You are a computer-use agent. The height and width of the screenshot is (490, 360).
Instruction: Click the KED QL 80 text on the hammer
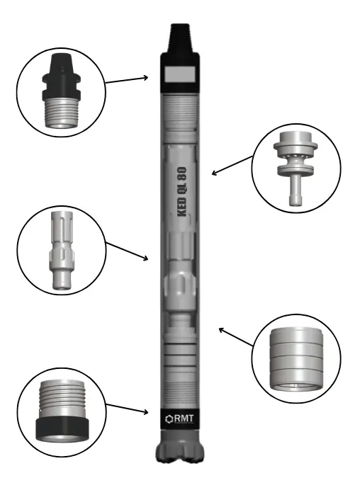pos(182,192)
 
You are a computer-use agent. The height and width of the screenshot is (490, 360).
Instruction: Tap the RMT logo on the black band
pos(179,418)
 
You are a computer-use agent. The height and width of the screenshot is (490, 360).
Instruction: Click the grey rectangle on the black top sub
pos(180,74)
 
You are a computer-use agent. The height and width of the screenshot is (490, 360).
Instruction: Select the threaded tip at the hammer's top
pos(180,38)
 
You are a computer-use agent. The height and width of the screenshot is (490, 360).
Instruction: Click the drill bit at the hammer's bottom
pos(179,446)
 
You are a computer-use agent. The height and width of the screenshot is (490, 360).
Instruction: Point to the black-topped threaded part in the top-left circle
pos(62,91)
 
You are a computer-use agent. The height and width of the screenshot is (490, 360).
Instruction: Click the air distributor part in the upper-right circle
pos(296,168)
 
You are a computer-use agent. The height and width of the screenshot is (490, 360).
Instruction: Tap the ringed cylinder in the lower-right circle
pos(296,360)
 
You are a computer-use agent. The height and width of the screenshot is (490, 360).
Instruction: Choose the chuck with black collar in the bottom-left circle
pos(62,411)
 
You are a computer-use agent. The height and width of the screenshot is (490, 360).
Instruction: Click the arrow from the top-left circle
pos(127,80)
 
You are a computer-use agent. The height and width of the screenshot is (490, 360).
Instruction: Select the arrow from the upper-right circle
pos(232,165)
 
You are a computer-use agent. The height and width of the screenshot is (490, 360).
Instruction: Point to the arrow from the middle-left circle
pos(127,251)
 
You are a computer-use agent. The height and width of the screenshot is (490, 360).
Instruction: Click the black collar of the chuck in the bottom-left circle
pos(62,429)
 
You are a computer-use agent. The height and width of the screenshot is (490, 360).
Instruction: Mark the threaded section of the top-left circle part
pos(62,113)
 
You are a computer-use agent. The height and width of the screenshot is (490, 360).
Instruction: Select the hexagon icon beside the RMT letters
pos(169,419)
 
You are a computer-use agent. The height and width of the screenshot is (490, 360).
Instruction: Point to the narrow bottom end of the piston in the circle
pos(62,280)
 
